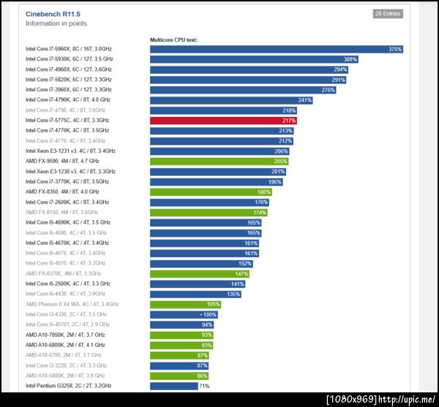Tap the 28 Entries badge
point(388,14)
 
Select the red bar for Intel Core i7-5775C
point(223,120)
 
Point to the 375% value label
point(395,49)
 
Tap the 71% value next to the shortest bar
point(205,386)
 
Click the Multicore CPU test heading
point(173,39)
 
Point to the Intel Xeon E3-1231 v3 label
point(70,151)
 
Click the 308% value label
point(350,59)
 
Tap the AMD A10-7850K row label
point(64,335)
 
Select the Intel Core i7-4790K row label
point(67,99)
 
